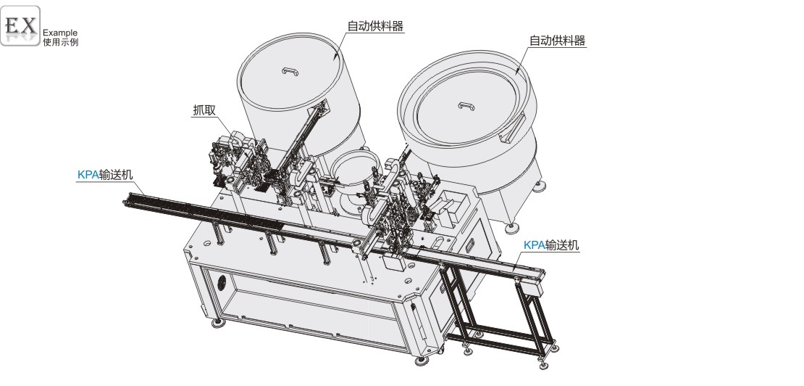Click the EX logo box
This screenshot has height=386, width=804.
(20, 25)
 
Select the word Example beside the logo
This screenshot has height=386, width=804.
(60, 33)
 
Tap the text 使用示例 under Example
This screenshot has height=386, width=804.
(61, 42)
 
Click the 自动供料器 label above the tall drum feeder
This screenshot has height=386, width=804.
(375, 26)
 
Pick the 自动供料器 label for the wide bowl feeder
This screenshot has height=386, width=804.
(557, 41)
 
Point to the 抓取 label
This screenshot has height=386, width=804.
(204, 111)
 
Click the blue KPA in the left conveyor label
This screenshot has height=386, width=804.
(88, 175)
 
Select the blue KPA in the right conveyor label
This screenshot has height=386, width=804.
(534, 245)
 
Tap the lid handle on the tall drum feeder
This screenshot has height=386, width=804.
(290, 71)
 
